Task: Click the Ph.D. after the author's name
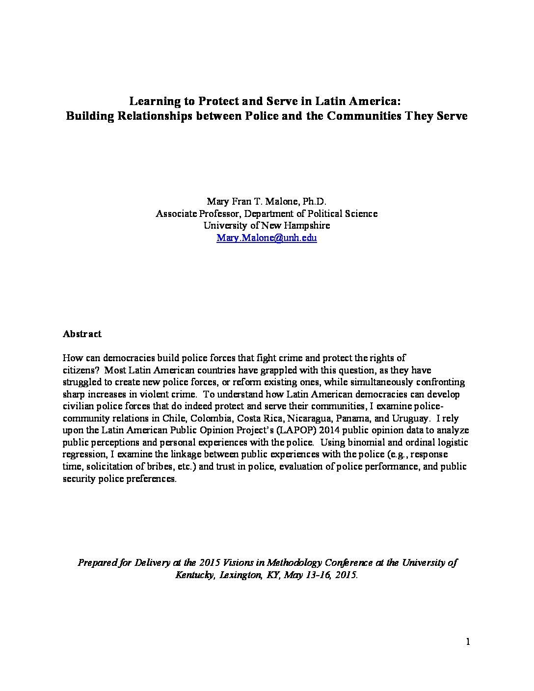[x=315, y=201]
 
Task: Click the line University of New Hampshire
[x=267, y=226]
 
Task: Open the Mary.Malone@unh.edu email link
[x=267, y=238]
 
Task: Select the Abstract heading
[x=82, y=334]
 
